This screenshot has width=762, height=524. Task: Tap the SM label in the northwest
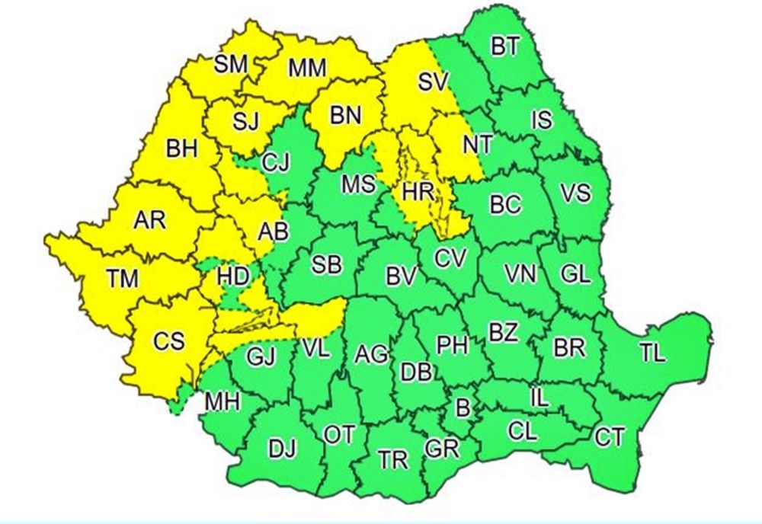(x=231, y=64)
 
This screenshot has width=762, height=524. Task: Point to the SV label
(x=435, y=81)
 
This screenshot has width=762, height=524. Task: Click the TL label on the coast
(x=652, y=353)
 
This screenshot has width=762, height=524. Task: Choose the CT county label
(x=610, y=437)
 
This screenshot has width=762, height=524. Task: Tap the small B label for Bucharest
(x=462, y=407)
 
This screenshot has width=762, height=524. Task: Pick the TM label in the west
(x=122, y=279)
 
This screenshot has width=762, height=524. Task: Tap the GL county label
(x=574, y=273)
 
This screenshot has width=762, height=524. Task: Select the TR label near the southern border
(x=393, y=459)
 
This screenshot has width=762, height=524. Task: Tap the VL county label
(x=314, y=349)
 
